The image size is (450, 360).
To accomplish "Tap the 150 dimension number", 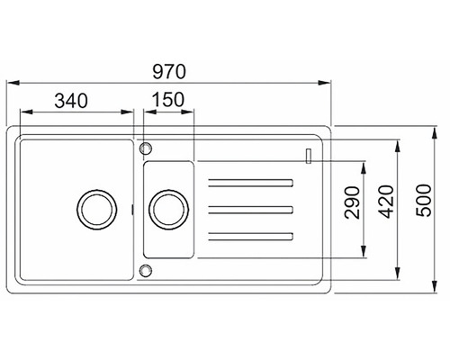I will click(x=168, y=101).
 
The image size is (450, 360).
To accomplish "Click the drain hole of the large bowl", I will click(x=94, y=208).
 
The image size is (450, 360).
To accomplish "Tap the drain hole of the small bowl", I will click(x=166, y=208).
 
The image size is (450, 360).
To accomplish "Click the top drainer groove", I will click(x=252, y=184).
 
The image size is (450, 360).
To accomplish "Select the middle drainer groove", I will click(x=252, y=210).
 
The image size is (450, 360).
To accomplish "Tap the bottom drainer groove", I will click(x=252, y=236).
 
